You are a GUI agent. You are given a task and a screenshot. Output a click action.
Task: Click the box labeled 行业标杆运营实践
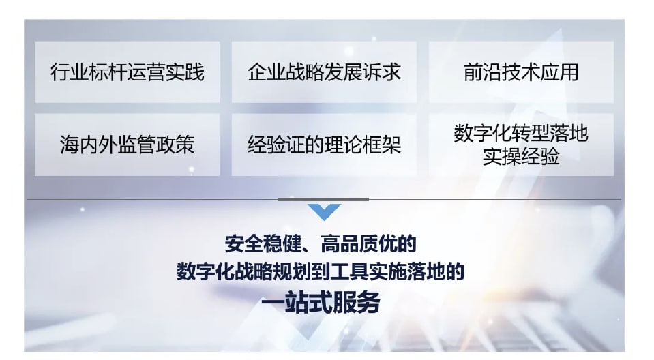(x=128, y=72)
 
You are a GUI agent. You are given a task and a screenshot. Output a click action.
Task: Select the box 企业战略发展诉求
(x=324, y=72)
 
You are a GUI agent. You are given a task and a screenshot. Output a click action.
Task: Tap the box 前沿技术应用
(x=521, y=72)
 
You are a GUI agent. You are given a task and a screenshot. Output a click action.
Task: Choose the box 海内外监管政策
(x=128, y=145)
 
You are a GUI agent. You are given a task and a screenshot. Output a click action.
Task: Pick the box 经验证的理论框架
(x=324, y=145)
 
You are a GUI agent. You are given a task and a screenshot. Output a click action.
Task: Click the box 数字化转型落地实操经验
(x=521, y=145)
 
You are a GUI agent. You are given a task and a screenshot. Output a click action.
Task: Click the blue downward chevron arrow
(x=324, y=211)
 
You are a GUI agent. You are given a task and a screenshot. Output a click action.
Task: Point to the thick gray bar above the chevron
(x=324, y=199)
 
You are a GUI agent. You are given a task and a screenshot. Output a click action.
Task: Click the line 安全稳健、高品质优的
(x=321, y=243)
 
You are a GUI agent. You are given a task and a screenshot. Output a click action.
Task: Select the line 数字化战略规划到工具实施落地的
(x=321, y=271)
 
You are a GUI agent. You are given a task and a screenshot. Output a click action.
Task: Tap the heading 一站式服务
(x=321, y=302)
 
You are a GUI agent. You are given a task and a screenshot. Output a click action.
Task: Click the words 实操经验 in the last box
(x=521, y=157)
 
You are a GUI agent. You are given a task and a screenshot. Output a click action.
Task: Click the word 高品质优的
(x=369, y=243)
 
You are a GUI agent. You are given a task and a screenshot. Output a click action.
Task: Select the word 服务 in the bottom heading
(x=357, y=302)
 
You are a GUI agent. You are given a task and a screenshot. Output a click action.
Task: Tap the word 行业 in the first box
(x=70, y=72)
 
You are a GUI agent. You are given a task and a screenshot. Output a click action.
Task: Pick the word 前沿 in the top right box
(x=483, y=72)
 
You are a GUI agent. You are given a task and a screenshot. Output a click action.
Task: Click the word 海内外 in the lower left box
(x=89, y=145)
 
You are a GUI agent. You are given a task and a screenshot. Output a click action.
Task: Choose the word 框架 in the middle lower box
(x=382, y=145)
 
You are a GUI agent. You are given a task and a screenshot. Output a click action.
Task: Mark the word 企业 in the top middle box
(x=267, y=72)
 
